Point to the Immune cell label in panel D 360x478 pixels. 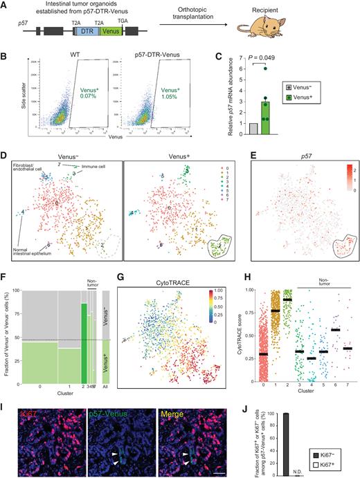[85, 167]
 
